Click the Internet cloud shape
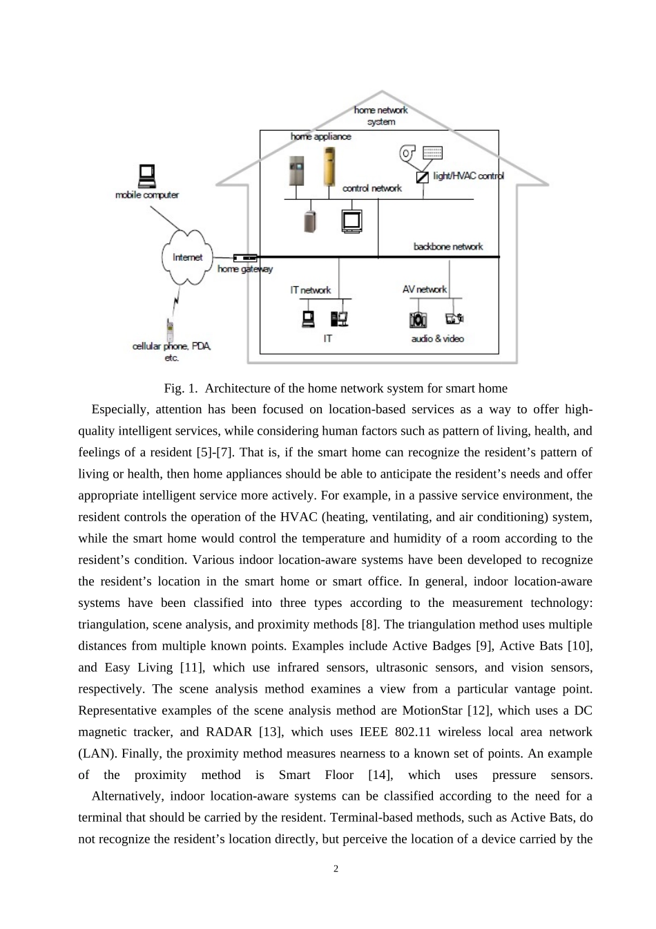(x=187, y=257)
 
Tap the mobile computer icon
(x=146, y=176)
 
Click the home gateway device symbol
(x=245, y=258)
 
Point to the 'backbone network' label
(x=448, y=247)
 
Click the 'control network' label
(x=372, y=188)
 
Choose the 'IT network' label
(x=310, y=290)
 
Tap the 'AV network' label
(x=425, y=290)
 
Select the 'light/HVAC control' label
(x=468, y=176)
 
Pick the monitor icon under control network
(x=352, y=220)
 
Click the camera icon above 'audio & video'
(x=418, y=319)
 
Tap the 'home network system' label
(x=381, y=115)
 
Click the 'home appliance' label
(x=320, y=137)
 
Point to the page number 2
(x=336, y=870)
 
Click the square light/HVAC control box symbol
(x=422, y=178)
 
